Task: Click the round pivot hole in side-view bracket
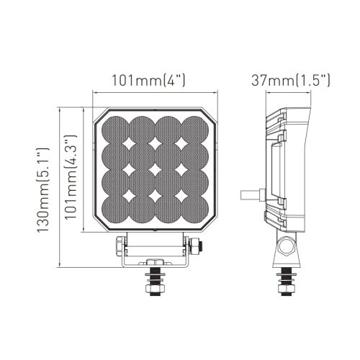pos(287,246)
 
